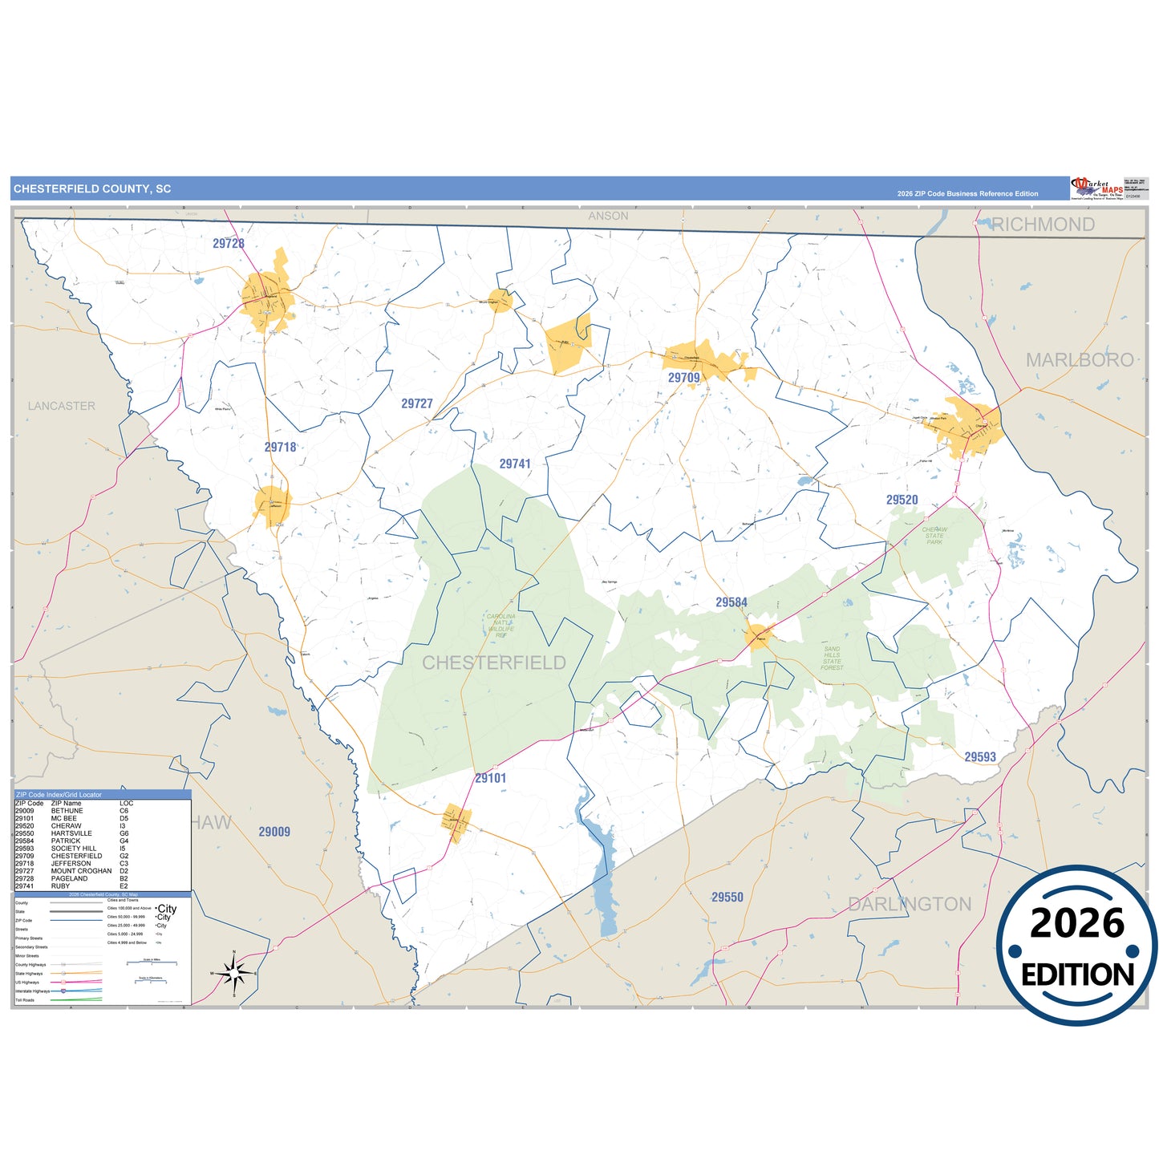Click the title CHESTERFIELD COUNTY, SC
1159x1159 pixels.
point(92,189)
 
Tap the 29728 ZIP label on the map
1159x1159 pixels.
point(229,243)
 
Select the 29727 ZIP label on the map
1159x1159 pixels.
point(417,403)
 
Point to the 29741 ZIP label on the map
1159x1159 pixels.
point(515,464)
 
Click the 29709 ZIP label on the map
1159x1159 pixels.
point(684,378)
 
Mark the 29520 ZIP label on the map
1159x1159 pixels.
point(902,500)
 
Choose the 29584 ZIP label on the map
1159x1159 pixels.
point(731,602)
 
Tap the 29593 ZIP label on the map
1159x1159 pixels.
point(980,756)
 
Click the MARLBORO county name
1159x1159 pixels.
point(1080,360)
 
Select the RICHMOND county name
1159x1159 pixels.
point(1043,225)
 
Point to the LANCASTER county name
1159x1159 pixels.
point(62,406)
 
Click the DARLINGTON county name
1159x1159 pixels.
point(910,904)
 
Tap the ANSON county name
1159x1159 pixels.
point(608,216)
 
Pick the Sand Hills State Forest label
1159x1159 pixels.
point(832,658)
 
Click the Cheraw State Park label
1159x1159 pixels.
point(934,536)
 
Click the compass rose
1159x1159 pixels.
point(233,973)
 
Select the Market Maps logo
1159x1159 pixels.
point(1096,188)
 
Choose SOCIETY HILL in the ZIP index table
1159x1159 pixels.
point(73,848)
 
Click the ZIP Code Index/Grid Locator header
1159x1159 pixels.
point(59,794)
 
